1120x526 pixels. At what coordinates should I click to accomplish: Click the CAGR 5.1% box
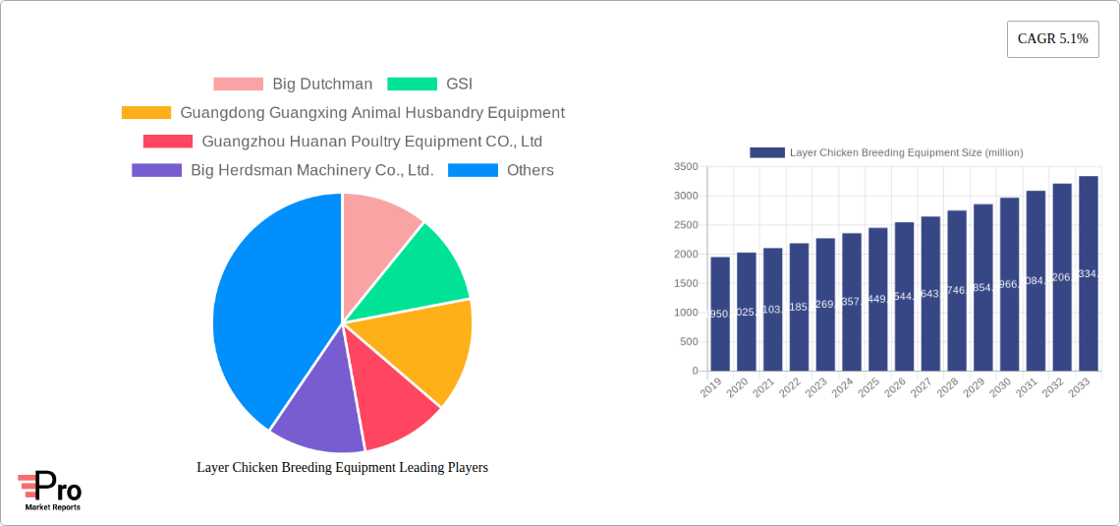pyautogui.click(x=1052, y=39)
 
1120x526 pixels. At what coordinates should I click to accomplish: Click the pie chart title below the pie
pyautogui.click(x=342, y=468)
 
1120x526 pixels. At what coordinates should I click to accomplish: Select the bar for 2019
pyautogui.click(x=720, y=315)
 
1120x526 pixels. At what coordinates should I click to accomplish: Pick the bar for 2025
pyautogui.click(x=877, y=300)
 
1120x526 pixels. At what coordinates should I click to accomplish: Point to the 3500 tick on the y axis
pyautogui.click(x=686, y=167)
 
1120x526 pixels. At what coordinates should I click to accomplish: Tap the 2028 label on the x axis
pyautogui.click(x=948, y=388)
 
